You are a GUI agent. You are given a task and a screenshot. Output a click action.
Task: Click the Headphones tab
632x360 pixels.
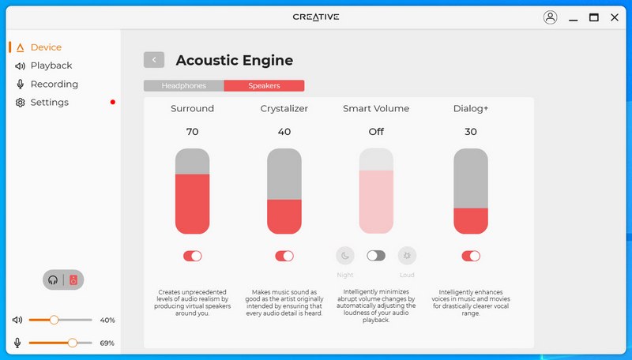(x=184, y=86)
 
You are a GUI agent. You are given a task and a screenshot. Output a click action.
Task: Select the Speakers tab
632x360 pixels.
(x=264, y=86)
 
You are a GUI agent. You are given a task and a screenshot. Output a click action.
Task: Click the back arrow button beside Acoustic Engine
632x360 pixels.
(x=154, y=60)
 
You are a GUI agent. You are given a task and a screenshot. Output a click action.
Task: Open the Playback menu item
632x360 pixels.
(x=51, y=66)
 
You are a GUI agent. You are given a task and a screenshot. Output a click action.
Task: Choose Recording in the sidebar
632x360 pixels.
(x=55, y=84)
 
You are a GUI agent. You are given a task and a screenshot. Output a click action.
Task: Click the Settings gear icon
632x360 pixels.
(x=21, y=103)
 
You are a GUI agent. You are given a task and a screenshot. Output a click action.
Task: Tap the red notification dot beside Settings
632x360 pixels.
(x=113, y=103)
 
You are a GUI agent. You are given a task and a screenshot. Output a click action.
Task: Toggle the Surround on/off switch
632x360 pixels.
(x=192, y=256)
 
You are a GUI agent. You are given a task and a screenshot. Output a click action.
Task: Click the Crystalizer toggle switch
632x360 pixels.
(x=284, y=256)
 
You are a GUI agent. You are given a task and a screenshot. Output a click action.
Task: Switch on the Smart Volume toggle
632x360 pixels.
(x=376, y=256)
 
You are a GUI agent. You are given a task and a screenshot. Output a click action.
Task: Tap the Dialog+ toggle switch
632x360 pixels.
(x=471, y=256)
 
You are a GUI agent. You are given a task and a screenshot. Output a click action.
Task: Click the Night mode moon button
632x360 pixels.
(x=345, y=256)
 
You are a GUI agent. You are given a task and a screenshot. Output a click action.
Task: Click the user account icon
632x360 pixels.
(x=550, y=17)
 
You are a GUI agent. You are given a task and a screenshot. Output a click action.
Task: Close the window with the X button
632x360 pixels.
(x=615, y=17)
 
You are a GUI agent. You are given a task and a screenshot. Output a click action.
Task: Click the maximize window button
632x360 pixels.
(x=594, y=17)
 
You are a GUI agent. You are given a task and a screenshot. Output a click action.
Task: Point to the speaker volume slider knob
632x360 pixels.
(x=54, y=321)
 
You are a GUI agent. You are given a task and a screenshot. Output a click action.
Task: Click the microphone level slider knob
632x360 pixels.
(x=73, y=343)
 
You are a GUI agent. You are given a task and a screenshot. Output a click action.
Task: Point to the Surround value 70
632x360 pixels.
(x=192, y=132)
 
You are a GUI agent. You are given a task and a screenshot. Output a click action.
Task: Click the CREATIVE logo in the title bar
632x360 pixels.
(x=316, y=17)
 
